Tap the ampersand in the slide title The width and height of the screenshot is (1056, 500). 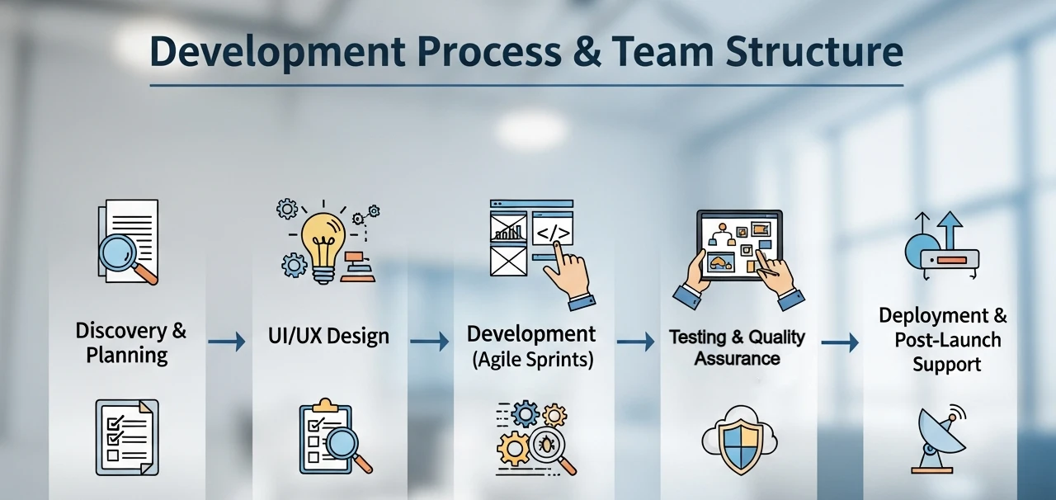point(587,51)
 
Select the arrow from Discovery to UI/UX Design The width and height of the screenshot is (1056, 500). point(227,341)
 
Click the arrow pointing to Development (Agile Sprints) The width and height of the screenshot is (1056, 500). point(430,341)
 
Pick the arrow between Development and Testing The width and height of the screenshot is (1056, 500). point(635,341)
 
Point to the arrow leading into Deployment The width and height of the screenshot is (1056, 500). point(840,342)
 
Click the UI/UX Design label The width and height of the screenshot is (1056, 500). point(328,337)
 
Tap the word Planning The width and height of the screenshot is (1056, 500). point(127,355)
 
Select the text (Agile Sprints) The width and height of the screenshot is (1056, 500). point(533,360)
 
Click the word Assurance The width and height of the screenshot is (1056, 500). point(738,358)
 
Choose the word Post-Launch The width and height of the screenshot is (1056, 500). point(948,340)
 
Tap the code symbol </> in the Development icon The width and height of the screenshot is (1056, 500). point(553,233)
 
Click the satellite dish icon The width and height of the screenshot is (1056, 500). point(938,439)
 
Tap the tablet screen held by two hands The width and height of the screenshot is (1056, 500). point(739,245)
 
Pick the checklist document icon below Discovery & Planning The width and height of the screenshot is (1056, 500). point(127,437)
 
